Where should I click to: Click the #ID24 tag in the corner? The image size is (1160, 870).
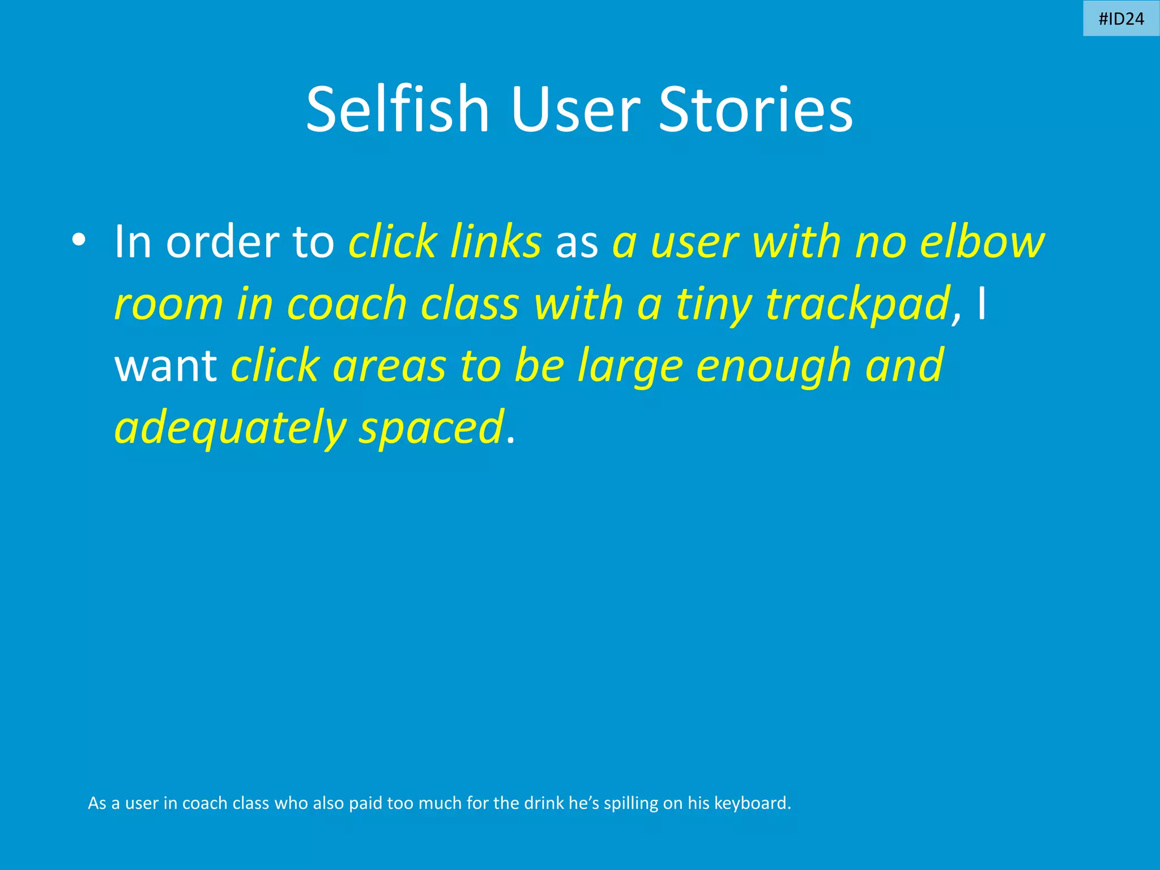click(1121, 19)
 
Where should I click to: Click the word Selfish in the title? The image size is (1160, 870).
click(397, 109)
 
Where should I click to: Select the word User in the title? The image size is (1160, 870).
click(575, 109)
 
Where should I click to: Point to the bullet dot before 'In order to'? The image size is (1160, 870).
click(79, 240)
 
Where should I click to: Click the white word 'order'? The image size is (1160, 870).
click(221, 242)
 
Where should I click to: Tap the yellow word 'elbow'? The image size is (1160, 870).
click(982, 242)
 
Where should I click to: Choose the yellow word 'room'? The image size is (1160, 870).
click(169, 305)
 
